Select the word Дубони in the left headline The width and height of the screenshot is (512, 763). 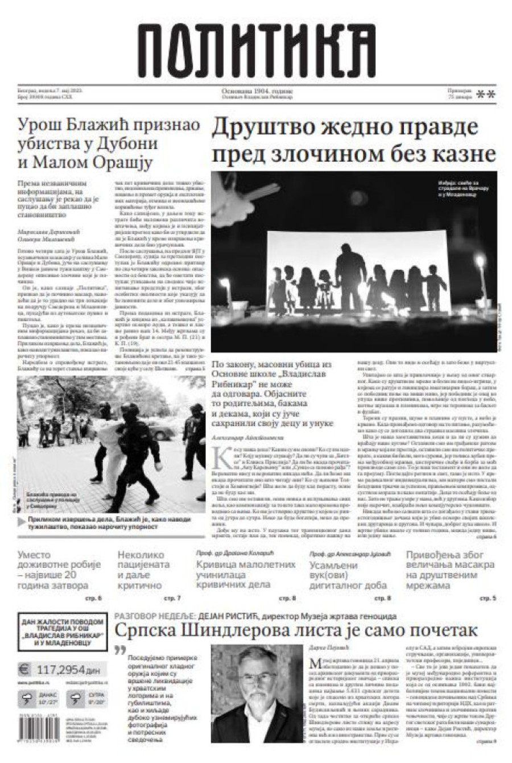pyautogui.click(x=139, y=144)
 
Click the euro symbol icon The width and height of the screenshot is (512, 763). pyautogui.click(x=24, y=669)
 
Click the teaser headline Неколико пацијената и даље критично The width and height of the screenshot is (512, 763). pyautogui.click(x=143, y=570)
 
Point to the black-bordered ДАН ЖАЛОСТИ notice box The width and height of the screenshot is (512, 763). pyautogui.click(x=63, y=632)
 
